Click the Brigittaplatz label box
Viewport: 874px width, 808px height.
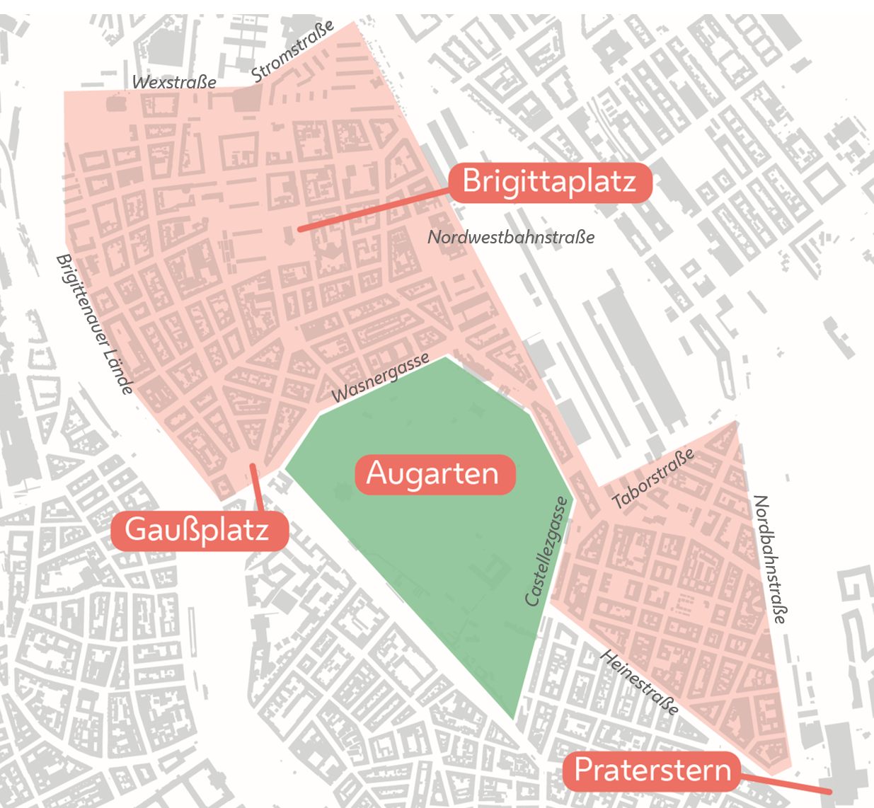pyautogui.click(x=550, y=183)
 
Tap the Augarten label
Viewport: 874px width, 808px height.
pyautogui.click(x=433, y=473)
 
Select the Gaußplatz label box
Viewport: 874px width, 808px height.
pyautogui.click(x=199, y=530)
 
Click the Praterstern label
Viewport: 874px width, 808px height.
pyautogui.click(x=652, y=771)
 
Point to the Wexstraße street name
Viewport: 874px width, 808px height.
pyautogui.click(x=174, y=82)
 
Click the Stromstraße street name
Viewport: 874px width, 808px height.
pyautogui.click(x=292, y=51)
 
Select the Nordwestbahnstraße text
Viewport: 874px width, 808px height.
pyautogui.click(x=511, y=237)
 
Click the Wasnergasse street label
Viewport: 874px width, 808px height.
pyautogui.click(x=380, y=378)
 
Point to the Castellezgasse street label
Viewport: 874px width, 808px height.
pyautogui.click(x=546, y=551)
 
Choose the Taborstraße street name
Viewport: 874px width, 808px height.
pyautogui.click(x=653, y=479)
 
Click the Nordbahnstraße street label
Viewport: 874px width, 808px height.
pyautogui.click(x=769, y=559)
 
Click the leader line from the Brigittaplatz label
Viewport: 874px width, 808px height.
pyautogui.click(x=375, y=210)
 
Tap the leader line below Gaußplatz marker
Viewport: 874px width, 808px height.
pyautogui.click(x=258, y=488)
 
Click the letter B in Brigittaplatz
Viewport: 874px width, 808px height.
pyautogui.click(x=473, y=182)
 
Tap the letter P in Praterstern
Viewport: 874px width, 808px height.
pyautogui.click(x=583, y=770)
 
